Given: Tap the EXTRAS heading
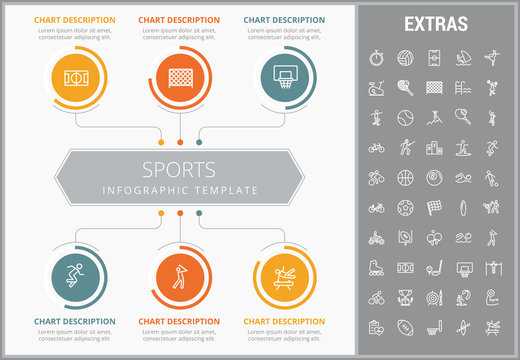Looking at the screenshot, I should [x=433, y=22].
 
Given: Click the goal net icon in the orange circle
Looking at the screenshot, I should [x=180, y=75].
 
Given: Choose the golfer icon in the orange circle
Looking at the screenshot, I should [x=180, y=274].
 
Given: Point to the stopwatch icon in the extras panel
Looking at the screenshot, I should [x=376, y=56].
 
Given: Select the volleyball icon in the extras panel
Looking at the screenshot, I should [x=405, y=56].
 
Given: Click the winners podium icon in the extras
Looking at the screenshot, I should [x=434, y=148].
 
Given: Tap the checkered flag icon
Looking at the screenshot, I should [x=434, y=208].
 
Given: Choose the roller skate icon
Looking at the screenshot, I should [x=376, y=268].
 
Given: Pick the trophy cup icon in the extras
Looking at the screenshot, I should [x=405, y=298].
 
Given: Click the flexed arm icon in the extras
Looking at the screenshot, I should [x=492, y=298].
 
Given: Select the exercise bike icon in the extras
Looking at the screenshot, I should [x=376, y=87].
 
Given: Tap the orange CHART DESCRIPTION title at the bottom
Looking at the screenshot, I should [x=180, y=321].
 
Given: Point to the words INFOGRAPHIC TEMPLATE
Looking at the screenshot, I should [x=180, y=190].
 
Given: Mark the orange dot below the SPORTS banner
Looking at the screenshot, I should [x=180, y=213].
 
